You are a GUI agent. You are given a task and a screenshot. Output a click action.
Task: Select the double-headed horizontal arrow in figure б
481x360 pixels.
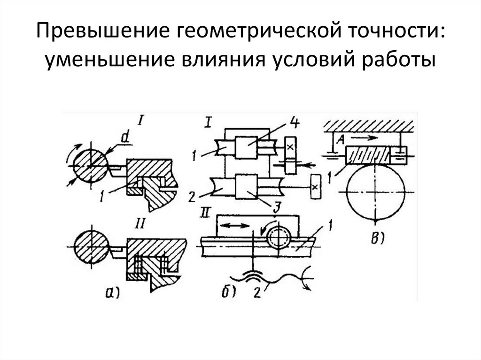tap(235, 226)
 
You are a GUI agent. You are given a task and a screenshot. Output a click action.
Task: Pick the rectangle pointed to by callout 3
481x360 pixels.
tap(248, 186)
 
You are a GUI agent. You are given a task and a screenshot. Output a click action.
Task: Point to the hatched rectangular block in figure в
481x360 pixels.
tap(367, 153)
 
